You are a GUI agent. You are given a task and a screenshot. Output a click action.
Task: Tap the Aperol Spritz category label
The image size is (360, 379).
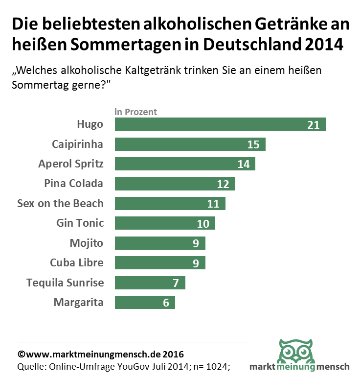pyautogui.click(x=71, y=164)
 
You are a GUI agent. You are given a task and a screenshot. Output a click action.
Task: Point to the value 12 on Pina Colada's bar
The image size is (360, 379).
pyautogui.click(x=223, y=184)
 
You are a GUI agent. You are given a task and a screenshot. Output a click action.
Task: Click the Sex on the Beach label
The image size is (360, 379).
pyautogui.click(x=60, y=203)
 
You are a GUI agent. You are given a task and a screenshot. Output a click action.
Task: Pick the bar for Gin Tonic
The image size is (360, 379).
pyautogui.click(x=157, y=223)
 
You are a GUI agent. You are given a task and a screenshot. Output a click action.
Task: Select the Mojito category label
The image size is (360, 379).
pyautogui.click(x=87, y=243)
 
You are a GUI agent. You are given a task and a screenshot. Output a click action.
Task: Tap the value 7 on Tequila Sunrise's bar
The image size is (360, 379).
pyautogui.click(x=176, y=283)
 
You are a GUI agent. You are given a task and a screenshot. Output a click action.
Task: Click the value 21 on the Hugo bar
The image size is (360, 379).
pyautogui.click(x=313, y=125)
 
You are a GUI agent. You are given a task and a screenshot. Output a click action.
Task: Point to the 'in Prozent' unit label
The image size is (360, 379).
pyautogui.click(x=136, y=112)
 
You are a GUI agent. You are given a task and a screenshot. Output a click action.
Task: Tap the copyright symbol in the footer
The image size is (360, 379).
pyautogui.click(x=21, y=354)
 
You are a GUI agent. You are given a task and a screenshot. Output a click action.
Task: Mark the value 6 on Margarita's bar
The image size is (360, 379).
pyautogui.click(x=166, y=303)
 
